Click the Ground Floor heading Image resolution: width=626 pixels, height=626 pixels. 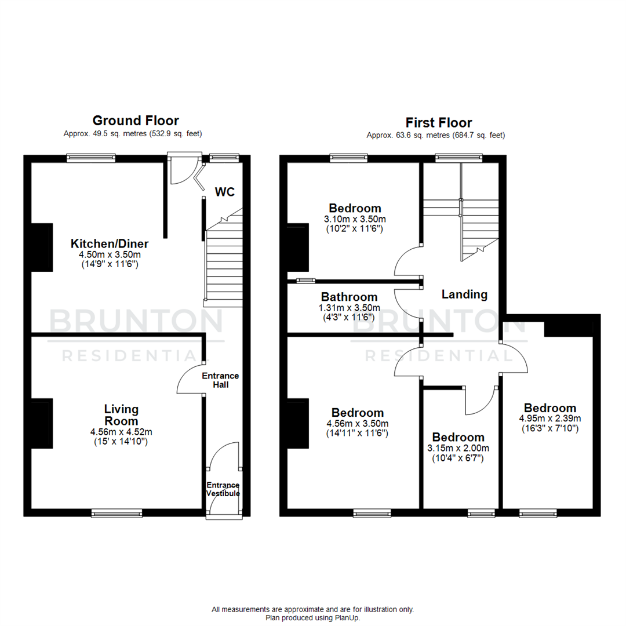pos(136,121)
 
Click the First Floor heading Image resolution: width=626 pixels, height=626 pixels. pos(438,122)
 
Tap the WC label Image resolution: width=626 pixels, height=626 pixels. pos(225,191)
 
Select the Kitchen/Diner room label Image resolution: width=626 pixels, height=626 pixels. pos(110,243)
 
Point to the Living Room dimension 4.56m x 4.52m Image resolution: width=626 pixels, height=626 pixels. pos(121,431)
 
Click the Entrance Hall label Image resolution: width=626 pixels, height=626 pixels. pos(220,380)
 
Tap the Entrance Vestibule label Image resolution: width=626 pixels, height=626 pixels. pos(223,489)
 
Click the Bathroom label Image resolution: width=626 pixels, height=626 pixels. pos(350,297)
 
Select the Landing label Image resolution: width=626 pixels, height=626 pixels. pos(464,294)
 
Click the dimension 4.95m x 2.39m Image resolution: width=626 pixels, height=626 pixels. pos(549,418)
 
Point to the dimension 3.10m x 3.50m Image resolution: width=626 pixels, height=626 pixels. pos(355,219)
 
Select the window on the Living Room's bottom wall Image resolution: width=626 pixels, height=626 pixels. pos(117,513)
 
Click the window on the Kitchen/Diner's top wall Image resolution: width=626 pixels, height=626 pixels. pos(90,156)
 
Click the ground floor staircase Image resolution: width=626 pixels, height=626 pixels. pos(224,261)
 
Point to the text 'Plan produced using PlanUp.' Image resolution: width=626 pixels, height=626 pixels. pos(313,618)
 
